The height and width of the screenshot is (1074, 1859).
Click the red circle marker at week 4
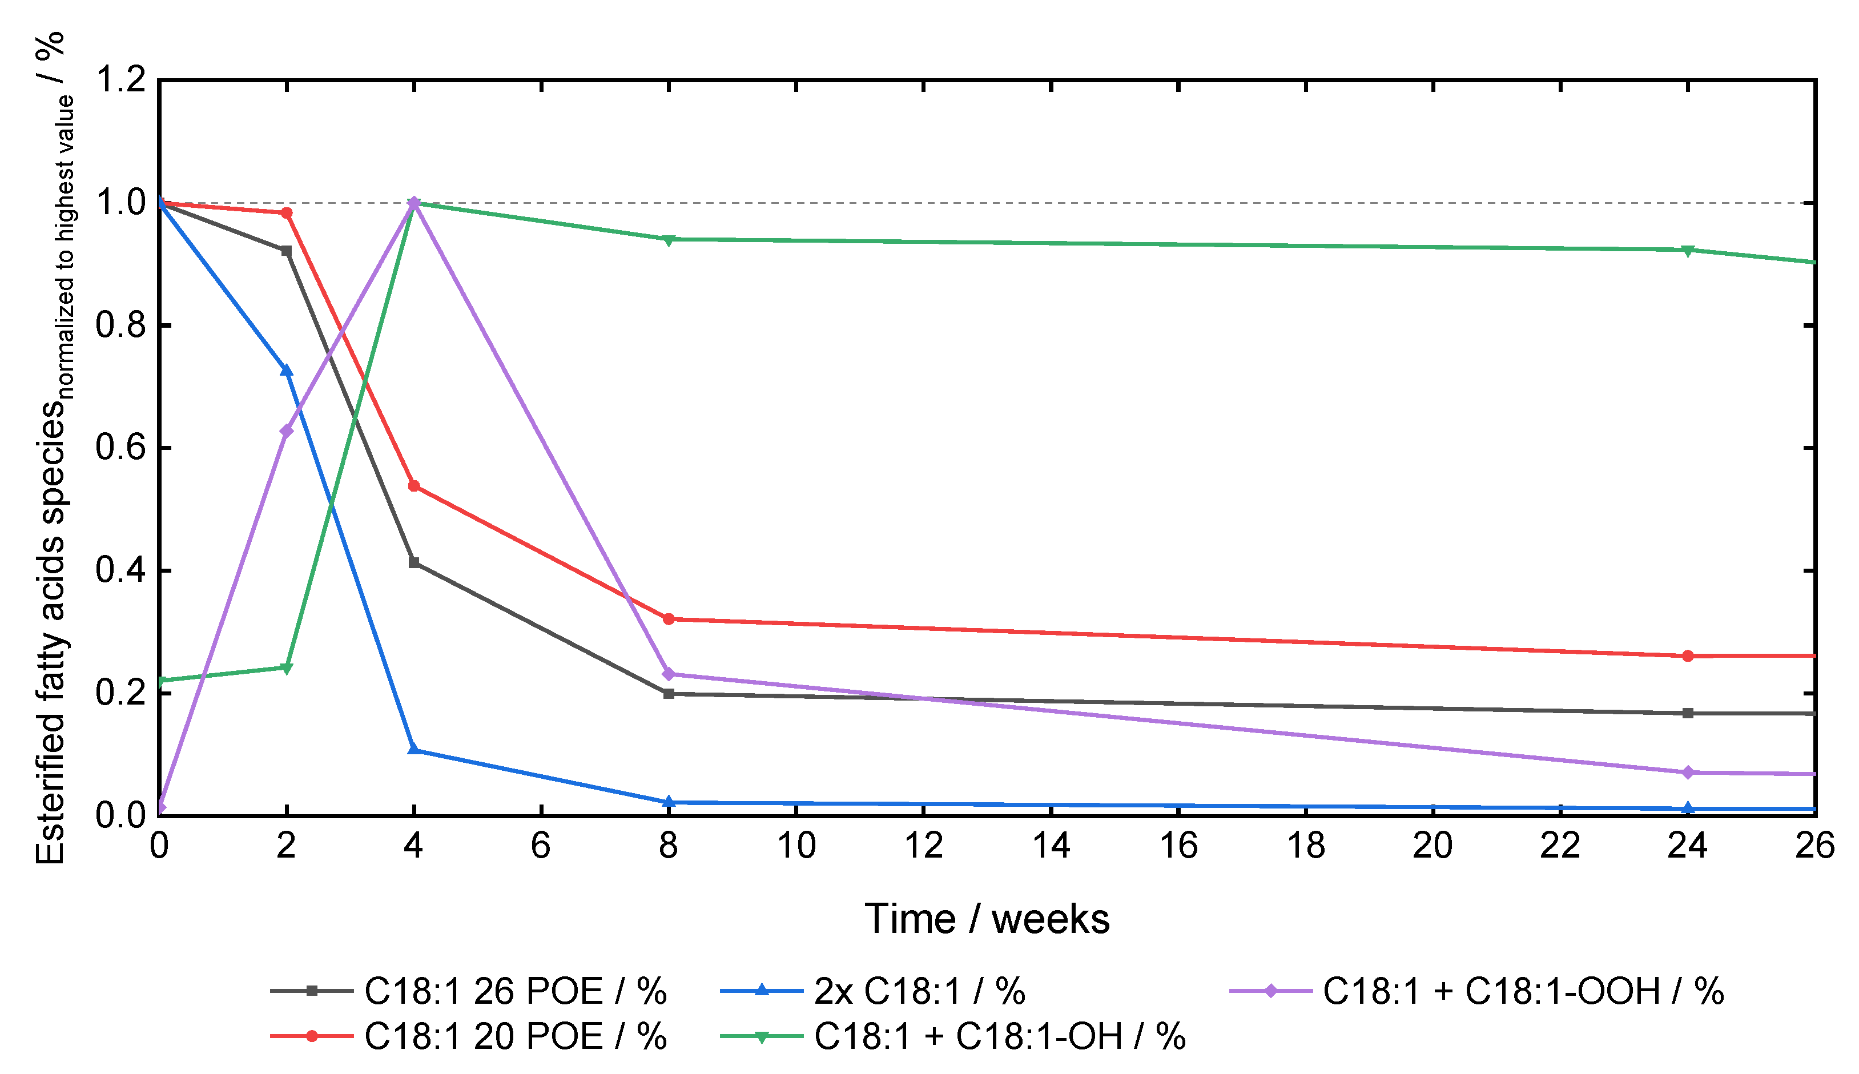(414, 486)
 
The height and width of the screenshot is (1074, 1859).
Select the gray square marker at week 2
(286, 251)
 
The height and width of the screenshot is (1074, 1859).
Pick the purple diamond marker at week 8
(669, 674)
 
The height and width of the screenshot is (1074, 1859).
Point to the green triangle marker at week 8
(669, 240)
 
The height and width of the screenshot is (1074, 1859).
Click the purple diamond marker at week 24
(1688, 773)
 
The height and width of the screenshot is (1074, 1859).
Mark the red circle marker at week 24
(1688, 655)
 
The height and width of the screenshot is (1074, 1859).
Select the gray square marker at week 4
(414, 563)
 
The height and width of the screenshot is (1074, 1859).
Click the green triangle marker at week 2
(286, 668)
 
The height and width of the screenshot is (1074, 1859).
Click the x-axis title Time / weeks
(987, 919)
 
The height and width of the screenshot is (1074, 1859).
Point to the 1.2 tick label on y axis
(121, 80)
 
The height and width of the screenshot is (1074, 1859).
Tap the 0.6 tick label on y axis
(121, 448)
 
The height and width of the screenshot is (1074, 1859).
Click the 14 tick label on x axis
(1051, 846)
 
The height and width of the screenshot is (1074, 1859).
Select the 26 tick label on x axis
(1815, 846)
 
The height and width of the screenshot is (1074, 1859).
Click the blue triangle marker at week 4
(414, 750)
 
